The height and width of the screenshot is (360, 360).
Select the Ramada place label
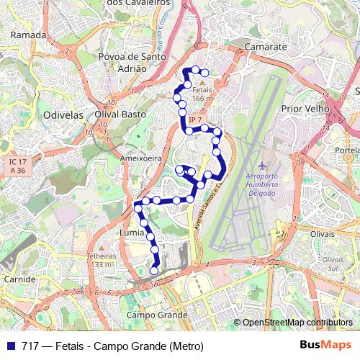[29, 35]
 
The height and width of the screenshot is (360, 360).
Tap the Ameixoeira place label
[140, 157]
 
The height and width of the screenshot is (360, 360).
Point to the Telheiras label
[100, 256]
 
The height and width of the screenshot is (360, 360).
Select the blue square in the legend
[10, 346]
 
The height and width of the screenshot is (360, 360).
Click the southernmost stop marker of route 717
[154, 271]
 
